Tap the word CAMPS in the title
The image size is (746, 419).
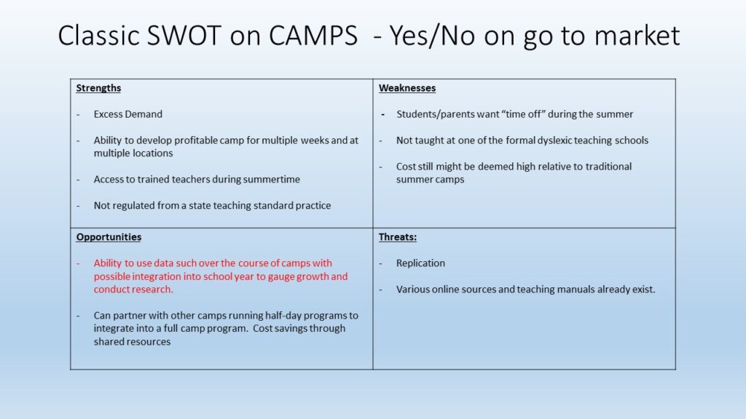pos(313,35)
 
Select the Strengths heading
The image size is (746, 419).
pos(98,88)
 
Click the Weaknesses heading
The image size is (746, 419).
pos(407,88)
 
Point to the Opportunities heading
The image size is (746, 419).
pos(109,237)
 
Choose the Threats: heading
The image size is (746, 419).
pos(398,237)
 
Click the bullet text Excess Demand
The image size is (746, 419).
pos(128,114)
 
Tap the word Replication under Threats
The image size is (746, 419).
pos(420,263)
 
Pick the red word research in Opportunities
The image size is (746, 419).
pos(152,290)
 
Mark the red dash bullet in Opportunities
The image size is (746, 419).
pos(79,263)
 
